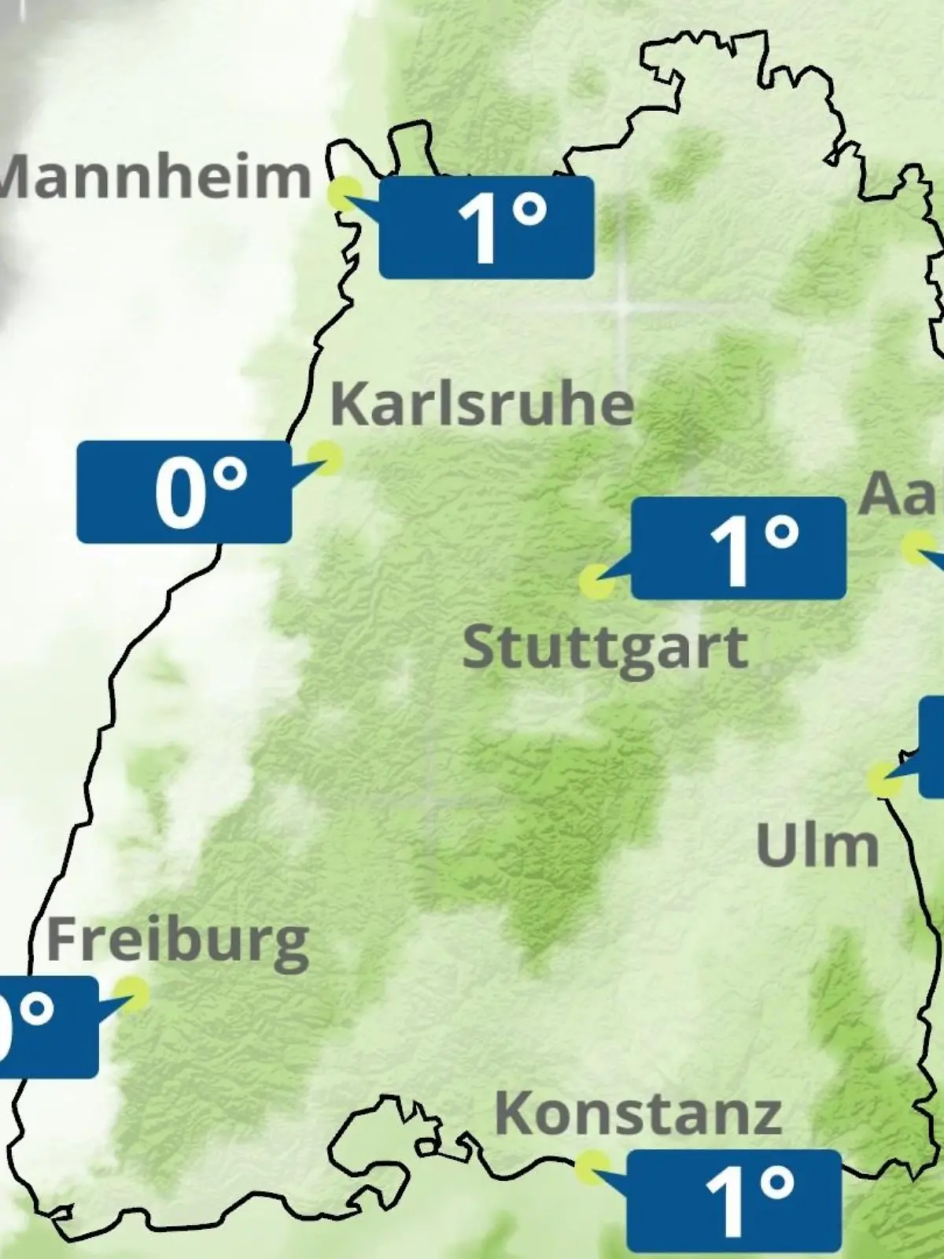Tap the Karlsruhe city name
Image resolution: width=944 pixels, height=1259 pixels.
click(x=481, y=404)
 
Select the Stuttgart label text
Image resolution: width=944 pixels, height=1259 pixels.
click(x=605, y=648)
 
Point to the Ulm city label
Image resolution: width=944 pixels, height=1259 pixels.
click(x=817, y=845)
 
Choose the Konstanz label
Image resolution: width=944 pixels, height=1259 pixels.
click(x=638, y=1113)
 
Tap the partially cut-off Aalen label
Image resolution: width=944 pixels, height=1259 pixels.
click(x=902, y=494)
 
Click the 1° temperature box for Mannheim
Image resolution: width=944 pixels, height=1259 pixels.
click(x=486, y=227)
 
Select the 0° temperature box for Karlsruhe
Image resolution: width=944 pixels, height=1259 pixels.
click(x=184, y=492)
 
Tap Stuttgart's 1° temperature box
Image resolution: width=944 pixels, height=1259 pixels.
click(x=738, y=548)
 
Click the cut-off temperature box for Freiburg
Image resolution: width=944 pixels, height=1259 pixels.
click(x=47, y=1027)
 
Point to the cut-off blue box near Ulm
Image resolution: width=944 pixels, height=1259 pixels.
click(x=931, y=748)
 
